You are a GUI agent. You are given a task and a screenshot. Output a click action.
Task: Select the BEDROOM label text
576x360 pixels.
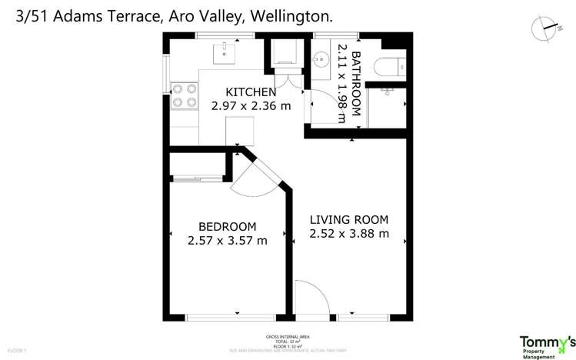click(227, 226)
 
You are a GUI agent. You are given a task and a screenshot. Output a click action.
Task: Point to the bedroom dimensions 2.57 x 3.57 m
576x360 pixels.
click(227, 240)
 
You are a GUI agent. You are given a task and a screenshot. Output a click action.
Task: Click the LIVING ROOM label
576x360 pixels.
click(348, 219)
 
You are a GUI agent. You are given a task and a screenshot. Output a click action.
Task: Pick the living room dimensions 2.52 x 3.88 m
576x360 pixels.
click(348, 233)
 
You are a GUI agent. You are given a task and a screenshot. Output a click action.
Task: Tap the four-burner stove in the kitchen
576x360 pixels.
click(184, 95)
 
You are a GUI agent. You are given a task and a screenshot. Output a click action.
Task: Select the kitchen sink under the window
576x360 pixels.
click(225, 52)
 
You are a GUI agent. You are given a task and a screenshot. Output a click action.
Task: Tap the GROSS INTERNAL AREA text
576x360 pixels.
click(288, 337)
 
